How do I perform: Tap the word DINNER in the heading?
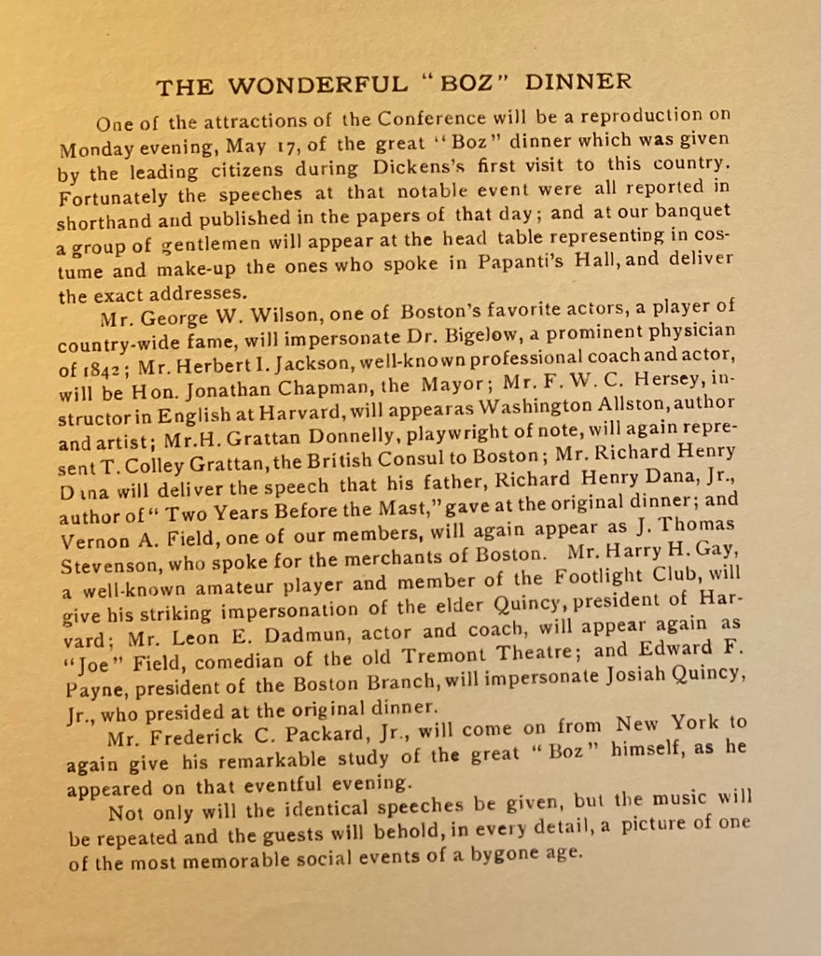(x=578, y=81)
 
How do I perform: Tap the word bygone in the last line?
(x=494, y=853)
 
